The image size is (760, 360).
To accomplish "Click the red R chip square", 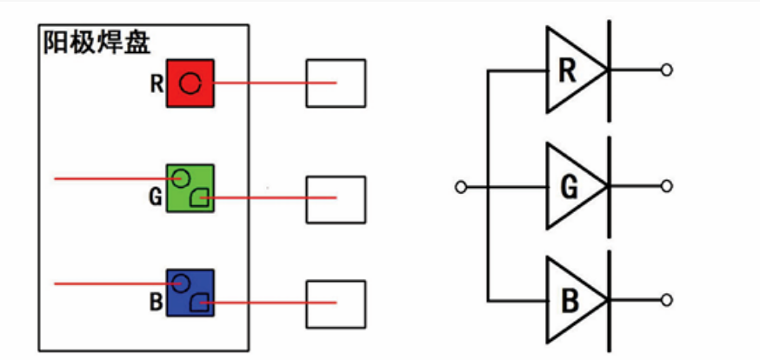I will (190, 83).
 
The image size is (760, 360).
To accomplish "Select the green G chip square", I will (190, 187).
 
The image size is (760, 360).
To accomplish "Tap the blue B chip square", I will (190, 292).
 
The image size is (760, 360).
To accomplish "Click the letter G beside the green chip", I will (156, 197).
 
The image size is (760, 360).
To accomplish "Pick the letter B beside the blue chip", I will (156, 303).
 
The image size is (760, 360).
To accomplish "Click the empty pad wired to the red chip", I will (336, 83).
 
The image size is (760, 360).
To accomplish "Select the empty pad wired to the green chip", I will (336, 199).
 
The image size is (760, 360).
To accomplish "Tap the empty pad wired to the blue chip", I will (336, 303).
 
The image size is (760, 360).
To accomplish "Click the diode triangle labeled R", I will (570, 70).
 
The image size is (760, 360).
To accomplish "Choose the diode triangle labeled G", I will (570, 186).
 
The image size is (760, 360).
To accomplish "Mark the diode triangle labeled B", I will (570, 301).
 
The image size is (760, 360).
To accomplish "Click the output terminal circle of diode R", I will (667, 70).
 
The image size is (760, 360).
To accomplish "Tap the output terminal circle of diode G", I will (667, 186).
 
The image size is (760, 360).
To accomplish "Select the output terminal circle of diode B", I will (667, 301).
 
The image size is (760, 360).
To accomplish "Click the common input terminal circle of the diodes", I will (461, 186).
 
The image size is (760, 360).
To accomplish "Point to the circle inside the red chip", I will (190, 83).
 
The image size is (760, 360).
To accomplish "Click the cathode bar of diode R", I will (608, 70).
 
